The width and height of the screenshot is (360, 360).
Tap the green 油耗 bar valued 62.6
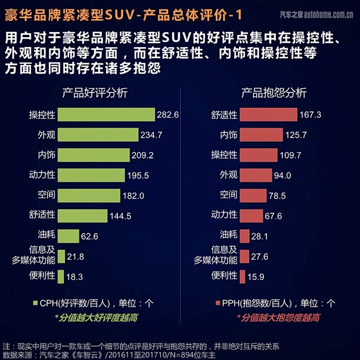pos(69,236)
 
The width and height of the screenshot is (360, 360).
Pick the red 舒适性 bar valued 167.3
pos(268,114)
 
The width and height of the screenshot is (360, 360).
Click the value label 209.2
pos(142,156)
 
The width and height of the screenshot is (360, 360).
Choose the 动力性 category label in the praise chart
pos(42,175)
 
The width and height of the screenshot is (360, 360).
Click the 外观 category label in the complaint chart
pos(228,175)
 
